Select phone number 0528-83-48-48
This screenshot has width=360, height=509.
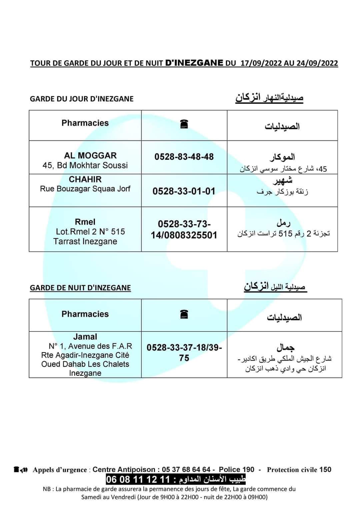click(184, 157)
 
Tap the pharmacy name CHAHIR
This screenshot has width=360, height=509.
click(85, 179)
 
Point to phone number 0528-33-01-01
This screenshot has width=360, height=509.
click(184, 191)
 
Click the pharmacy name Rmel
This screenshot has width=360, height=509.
click(85, 222)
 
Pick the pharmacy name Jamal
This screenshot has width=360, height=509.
click(85, 337)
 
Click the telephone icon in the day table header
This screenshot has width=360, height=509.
click(184, 124)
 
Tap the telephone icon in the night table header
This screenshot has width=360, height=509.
click(184, 314)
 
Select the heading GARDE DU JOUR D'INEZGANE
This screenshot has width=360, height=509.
click(82, 99)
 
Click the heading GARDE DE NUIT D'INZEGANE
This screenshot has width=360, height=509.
click(80, 288)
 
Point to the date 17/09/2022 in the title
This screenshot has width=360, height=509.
click(261, 63)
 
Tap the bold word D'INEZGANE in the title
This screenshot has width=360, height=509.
click(194, 63)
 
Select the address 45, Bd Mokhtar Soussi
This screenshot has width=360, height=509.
click(85, 165)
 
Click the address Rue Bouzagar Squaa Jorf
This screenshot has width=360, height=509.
click(85, 189)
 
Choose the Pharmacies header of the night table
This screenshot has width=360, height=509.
click(85, 314)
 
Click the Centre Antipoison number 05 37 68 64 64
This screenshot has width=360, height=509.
click(186, 470)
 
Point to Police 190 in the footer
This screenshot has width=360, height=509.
click(236, 470)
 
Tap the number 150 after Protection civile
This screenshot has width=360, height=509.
click(325, 470)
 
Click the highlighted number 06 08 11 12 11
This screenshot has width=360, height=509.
click(138, 480)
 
